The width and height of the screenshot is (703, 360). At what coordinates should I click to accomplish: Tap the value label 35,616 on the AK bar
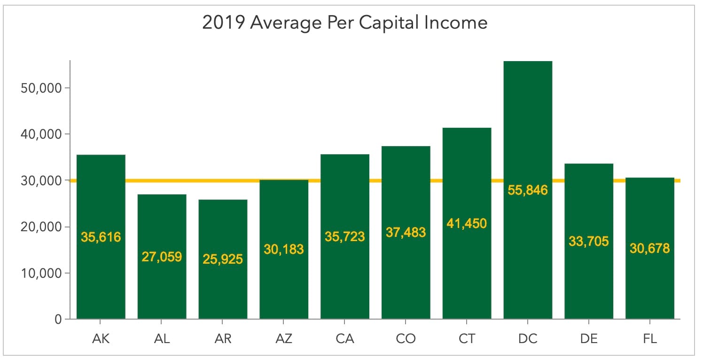pos(101,237)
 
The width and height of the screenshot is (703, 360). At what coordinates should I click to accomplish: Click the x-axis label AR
pos(223,338)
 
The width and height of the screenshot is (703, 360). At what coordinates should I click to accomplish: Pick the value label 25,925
pos(223,259)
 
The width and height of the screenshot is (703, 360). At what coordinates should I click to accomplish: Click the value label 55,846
pos(528,190)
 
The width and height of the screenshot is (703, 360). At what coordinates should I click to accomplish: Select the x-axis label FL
pos(650,338)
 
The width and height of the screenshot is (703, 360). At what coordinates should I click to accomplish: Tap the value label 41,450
pos(467,223)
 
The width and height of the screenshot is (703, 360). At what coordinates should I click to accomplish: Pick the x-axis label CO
pos(406,338)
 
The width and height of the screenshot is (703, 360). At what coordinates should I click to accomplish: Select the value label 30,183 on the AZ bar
pos(284,249)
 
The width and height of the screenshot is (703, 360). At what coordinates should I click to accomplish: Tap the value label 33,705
pos(589,242)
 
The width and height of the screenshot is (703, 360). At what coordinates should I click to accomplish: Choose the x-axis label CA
pos(345,338)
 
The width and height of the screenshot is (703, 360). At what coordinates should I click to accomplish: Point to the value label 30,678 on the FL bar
pos(650,248)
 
